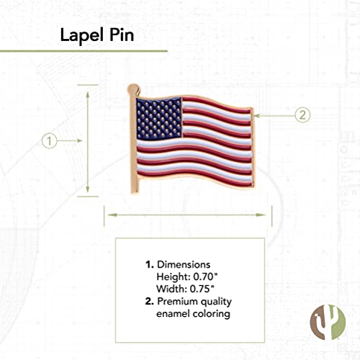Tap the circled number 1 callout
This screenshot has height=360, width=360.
click(x=49, y=141)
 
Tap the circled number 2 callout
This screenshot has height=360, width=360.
click(x=302, y=114)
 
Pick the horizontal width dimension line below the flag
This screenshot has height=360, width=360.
click(x=189, y=212)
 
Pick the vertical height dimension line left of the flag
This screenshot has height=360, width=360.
click(x=88, y=141)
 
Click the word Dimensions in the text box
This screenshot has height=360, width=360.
click(x=183, y=264)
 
